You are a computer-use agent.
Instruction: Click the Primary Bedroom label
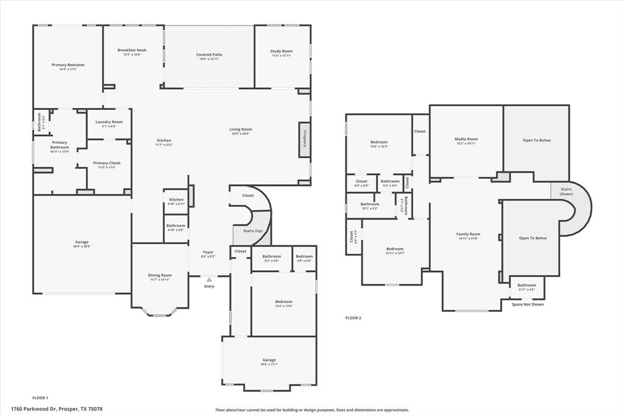(x=68, y=65)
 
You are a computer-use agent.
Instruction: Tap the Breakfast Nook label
(x=132, y=50)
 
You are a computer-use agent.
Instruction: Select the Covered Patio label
(x=209, y=55)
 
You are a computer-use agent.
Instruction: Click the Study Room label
(x=282, y=51)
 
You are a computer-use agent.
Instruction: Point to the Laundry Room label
(x=109, y=122)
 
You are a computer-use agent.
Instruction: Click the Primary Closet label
(x=107, y=163)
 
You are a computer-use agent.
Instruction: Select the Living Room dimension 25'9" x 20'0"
(x=241, y=134)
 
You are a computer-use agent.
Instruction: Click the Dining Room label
(x=160, y=275)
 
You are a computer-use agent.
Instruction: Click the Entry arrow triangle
(x=209, y=280)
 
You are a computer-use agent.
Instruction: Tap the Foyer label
(x=208, y=252)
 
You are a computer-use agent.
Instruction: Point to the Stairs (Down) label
(x=569, y=191)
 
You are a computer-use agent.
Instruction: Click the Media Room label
(x=466, y=139)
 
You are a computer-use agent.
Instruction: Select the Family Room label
(x=469, y=234)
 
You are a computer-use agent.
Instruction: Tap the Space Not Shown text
(x=528, y=304)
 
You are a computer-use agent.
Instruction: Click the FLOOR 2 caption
(x=353, y=318)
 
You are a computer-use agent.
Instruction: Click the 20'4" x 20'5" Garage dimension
(x=81, y=246)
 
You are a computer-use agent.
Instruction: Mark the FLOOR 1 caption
(x=40, y=397)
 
